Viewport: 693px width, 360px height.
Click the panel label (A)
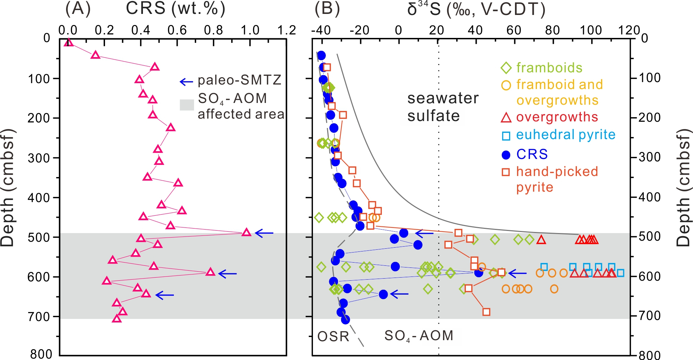(x=78, y=9)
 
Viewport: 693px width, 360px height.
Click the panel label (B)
(x=327, y=9)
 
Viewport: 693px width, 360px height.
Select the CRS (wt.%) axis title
(x=176, y=9)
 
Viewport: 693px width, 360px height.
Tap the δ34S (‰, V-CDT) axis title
(x=476, y=9)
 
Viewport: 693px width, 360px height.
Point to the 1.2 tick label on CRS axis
(x=287, y=31)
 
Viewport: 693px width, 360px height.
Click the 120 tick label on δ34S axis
(x=629, y=30)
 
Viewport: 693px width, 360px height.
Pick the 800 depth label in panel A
(x=41, y=354)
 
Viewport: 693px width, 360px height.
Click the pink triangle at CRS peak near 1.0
(x=247, y=232)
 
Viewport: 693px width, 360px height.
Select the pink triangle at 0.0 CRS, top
(x=69, y=42)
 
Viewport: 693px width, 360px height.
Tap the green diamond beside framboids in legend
(x=506, y=68)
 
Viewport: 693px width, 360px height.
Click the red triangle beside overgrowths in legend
(x=506, y=118)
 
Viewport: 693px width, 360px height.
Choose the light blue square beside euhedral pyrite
(x=506, y=136)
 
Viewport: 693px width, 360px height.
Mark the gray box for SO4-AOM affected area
(x=187, y=105)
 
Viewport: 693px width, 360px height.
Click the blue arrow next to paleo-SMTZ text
(x=186, y=82)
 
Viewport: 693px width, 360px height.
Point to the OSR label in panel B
(x=333, y=336)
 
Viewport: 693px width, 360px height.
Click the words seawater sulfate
(x=443, y=107)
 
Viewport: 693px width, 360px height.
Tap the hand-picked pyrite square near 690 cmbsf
(x=486, y=312)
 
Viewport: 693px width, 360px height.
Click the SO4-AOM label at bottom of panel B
(x=419, y=336)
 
